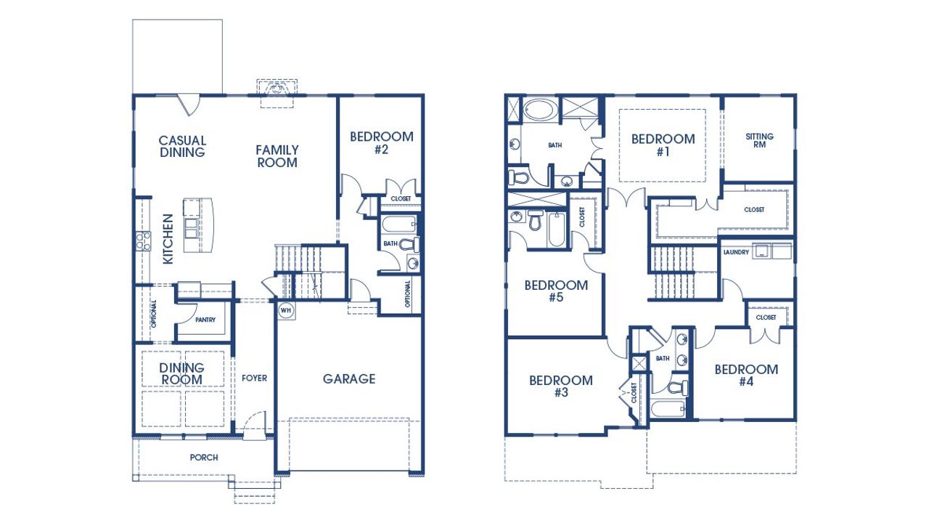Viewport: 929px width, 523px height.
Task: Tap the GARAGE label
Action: pos(349,378)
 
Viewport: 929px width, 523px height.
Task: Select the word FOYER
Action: pos(254,378)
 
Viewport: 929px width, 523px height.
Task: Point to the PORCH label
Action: pos(204,458)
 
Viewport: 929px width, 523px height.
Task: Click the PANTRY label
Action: pos(205,320)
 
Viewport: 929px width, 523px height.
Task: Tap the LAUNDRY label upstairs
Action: pos(736,252)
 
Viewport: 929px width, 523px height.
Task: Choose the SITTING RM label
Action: pos(759,140)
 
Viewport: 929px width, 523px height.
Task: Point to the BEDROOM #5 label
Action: pos(556,291)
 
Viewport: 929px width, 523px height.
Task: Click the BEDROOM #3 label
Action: pos(560,386)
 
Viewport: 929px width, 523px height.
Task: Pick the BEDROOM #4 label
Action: pos(746,375)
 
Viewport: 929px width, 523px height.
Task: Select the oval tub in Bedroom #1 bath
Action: pos(538,111)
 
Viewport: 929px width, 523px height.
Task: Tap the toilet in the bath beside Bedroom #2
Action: pos(409,244)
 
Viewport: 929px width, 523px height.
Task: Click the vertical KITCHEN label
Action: pos(168,238)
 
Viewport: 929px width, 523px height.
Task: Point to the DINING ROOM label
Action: pos(182,374)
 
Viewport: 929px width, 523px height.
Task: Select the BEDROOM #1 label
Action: pos(663,145)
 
